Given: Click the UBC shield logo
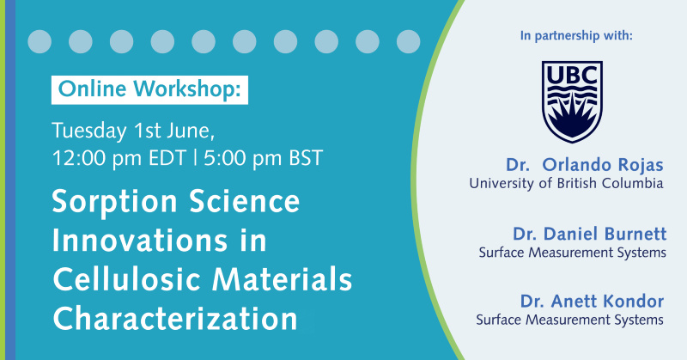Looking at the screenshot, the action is (x=572, y=101).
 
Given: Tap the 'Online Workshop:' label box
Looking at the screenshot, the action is (x=149, y=90).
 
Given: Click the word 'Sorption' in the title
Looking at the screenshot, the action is (x=114, y=203).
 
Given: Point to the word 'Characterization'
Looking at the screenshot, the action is (x=175, y=319).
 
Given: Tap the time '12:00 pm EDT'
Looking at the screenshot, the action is (x=119, y=158).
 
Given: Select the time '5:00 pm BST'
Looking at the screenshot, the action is (x=264, y=158).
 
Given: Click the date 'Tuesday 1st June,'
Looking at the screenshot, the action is (x=133, y=131).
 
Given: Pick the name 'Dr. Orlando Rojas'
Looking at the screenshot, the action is (x=585, y=165).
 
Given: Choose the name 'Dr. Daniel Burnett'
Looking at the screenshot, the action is (x=590, y=234).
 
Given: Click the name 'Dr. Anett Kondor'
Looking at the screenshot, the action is (x=592, y=302).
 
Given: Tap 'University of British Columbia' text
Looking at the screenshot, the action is (x=566, y=183).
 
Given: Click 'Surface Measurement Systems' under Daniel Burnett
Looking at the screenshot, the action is (x=573, y=253).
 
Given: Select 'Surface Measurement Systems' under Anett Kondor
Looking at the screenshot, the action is (x=569, y=320).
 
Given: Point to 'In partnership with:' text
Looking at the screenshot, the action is (x=576, y=35).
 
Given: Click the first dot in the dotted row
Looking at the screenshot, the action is (x=40, y=41).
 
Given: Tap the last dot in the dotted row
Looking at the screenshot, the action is (x=409, y=41).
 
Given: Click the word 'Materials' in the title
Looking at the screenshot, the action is (x=283, y=279).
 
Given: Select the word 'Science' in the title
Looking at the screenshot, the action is (x=245, y=201).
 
